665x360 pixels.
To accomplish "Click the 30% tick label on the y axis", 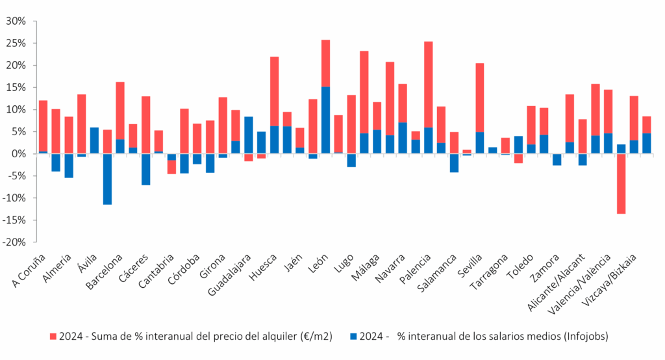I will tap(16, 21).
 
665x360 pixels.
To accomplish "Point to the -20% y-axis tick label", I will tap(14, 242).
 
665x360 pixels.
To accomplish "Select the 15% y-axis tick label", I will tap(16, 88).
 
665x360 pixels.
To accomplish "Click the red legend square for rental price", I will tap(53, 337).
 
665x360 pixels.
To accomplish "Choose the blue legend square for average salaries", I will tap(353, 337).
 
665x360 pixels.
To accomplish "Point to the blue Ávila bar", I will tap(94, 140).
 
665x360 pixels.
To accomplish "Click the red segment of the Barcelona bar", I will tap(120, 110).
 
